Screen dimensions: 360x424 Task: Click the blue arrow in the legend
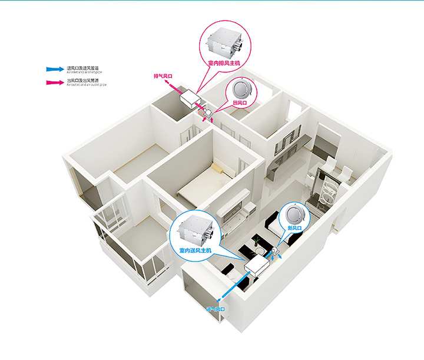(x=57, y=70)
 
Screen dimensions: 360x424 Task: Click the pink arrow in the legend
(x=57, y=82)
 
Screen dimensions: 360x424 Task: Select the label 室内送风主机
(x=196, y=250)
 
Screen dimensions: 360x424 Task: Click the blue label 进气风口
(x=216, y=309)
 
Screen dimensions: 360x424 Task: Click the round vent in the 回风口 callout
(x=241, y=90)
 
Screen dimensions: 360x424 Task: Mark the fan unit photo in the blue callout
(x=194, y=230)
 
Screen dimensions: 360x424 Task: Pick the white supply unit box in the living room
(x=255, y=265)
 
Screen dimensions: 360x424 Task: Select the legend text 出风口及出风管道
(x=82, y=81)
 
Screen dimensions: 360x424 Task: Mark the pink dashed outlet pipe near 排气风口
(x=174, y=87)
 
